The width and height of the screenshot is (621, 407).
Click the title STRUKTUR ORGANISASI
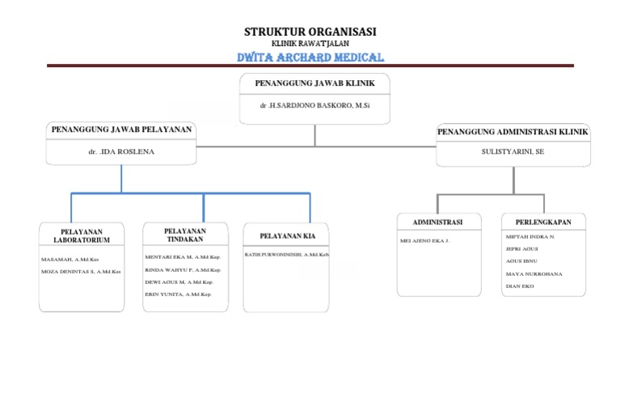[x=310, y=32]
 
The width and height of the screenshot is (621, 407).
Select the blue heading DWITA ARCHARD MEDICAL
[x=310, y=57]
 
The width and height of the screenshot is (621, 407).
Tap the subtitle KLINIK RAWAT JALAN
[x=310, y=44]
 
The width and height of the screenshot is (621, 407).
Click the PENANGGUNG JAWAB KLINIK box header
[x=315, y=83]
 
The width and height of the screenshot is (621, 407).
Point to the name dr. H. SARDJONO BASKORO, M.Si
[x=315, y=106]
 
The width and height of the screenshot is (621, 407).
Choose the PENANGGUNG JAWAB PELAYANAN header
[x=121, y=129]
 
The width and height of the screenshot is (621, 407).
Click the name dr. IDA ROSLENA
[x=121, y=151]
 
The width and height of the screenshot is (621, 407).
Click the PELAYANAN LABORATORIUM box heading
[x=81, y=235]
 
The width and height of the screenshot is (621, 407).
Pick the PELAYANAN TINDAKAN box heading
[x=186, y=235]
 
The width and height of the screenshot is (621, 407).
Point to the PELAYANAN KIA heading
[x=287, y=235]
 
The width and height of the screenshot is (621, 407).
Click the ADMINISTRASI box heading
[x=437, y=222]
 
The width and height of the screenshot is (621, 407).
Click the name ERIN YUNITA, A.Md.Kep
[x=178, y=295]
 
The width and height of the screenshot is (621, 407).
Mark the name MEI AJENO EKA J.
[x=425, y=241]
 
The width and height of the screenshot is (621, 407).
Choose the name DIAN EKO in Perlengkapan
[x=519, y=286]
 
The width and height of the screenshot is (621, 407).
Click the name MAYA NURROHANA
[x=533, y=274]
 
